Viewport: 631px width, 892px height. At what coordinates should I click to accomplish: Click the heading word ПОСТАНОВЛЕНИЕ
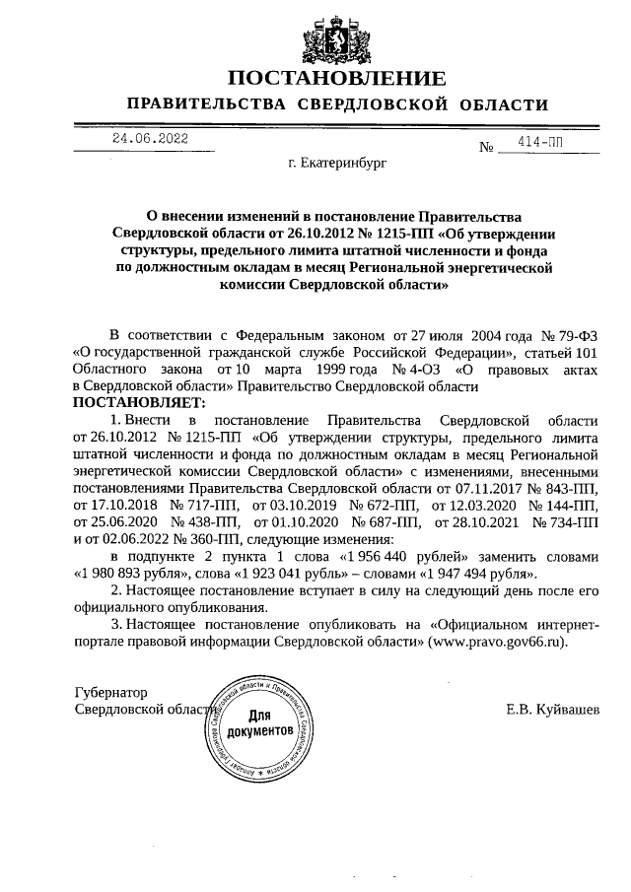pyautogui.click(x=337, y=78)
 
